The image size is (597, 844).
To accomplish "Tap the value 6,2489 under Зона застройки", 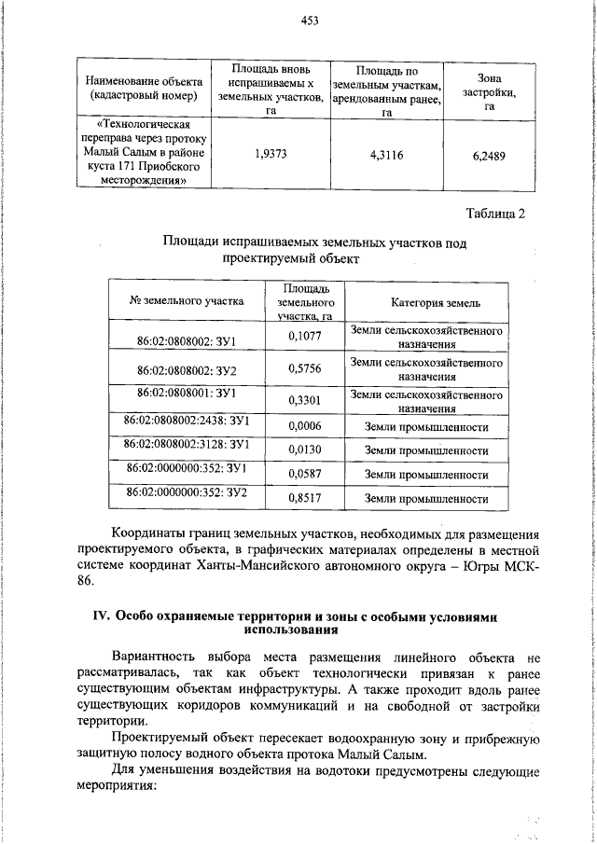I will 489,157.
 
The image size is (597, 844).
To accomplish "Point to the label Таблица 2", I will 495,213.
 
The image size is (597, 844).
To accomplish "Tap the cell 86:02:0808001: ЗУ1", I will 186,393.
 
